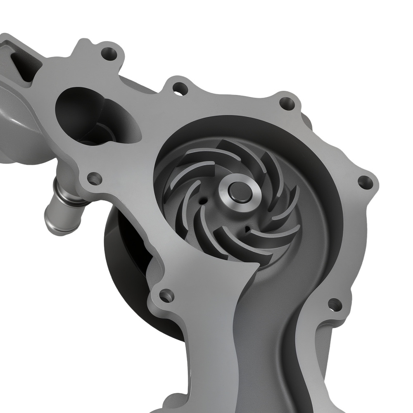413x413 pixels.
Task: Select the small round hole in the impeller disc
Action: (202, 199)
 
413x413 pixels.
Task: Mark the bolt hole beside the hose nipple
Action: (95, 179)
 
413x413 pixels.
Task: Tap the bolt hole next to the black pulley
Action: (166, 295)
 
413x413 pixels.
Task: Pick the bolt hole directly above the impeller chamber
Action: (285, 102)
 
